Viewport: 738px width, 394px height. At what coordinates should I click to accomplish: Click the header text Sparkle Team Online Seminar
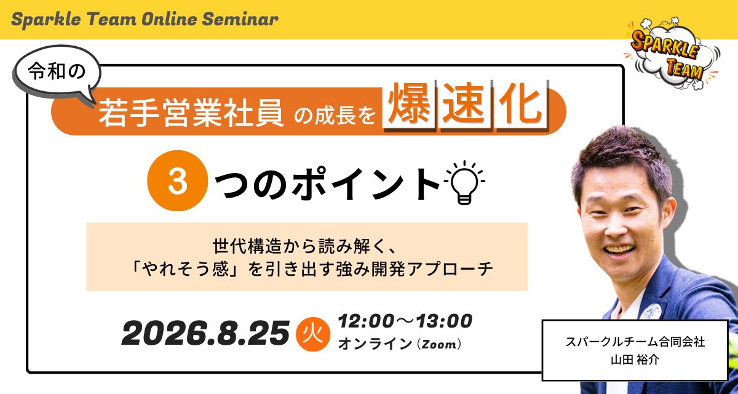(145, 20)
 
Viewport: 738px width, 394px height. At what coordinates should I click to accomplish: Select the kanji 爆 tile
(409, 105)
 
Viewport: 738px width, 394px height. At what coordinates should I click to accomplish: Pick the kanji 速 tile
(464, 105)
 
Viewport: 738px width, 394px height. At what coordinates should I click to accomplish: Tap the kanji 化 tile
(522, 105)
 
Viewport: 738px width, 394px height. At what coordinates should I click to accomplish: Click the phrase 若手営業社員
(191, 113)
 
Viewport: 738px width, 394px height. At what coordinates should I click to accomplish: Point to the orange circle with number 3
(178, 180)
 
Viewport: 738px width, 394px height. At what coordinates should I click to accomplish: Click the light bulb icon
(464, 182)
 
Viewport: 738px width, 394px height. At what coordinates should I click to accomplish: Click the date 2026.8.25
(205, 334)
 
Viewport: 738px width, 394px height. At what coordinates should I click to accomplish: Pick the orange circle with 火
(313, 334)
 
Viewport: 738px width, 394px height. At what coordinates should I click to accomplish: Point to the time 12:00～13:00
(405, 321)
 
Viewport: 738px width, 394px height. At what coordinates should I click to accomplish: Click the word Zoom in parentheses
(439, 344)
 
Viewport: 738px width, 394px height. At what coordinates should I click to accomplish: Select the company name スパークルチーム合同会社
(635, 342)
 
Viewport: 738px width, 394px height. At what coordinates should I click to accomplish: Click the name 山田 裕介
(635, 360)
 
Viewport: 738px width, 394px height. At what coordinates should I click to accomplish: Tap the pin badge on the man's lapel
(650, 311)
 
